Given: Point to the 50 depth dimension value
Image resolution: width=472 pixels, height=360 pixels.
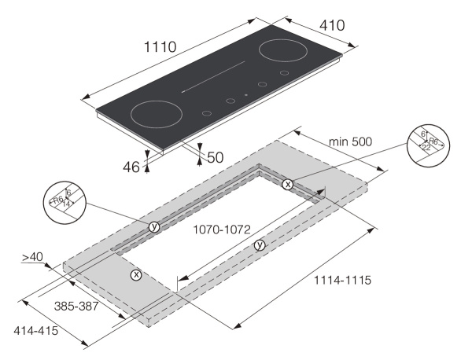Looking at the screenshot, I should (215, 157).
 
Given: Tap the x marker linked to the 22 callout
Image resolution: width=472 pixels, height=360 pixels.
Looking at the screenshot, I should (288, 184).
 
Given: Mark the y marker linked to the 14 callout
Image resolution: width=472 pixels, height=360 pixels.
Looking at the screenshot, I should (154, 226).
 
